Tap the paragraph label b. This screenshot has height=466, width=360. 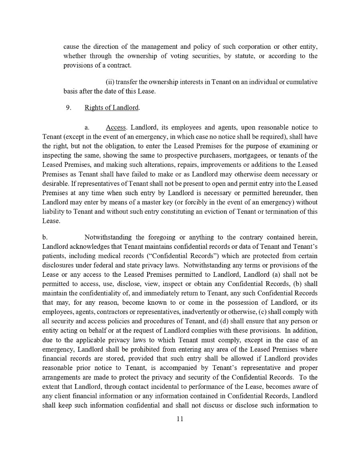pyautogui.click(x=44, y=239)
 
